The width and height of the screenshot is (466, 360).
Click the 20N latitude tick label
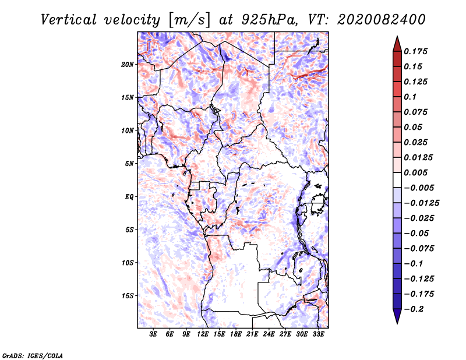[128, 65]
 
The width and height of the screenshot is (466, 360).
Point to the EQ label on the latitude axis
[129, 197]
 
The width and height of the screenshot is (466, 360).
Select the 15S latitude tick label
[128, 296]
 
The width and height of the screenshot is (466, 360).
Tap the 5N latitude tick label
[129, 164]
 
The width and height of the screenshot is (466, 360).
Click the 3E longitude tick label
[153, 334]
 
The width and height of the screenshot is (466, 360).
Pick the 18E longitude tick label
[236, 334]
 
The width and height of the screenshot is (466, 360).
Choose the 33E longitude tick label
[318, 334]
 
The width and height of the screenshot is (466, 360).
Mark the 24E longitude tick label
[269, 334]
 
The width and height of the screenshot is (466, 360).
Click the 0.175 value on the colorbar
[415, 51]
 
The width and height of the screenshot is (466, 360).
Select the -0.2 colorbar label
[414, 309]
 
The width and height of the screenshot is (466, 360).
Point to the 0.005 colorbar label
[415, 172]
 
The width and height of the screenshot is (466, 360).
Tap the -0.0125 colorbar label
[421, 203]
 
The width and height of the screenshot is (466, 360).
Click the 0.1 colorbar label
[410, 97]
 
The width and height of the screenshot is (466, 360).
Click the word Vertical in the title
[69, 20]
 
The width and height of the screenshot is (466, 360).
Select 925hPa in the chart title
[269, 20]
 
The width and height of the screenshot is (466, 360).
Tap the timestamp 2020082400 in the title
[382, 20]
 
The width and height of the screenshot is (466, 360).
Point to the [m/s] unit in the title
[189, 20]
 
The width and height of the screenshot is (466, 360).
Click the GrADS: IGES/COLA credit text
[33, 356]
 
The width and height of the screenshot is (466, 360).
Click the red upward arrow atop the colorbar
[397, 44]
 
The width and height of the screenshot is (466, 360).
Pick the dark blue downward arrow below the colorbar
[397, 316]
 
